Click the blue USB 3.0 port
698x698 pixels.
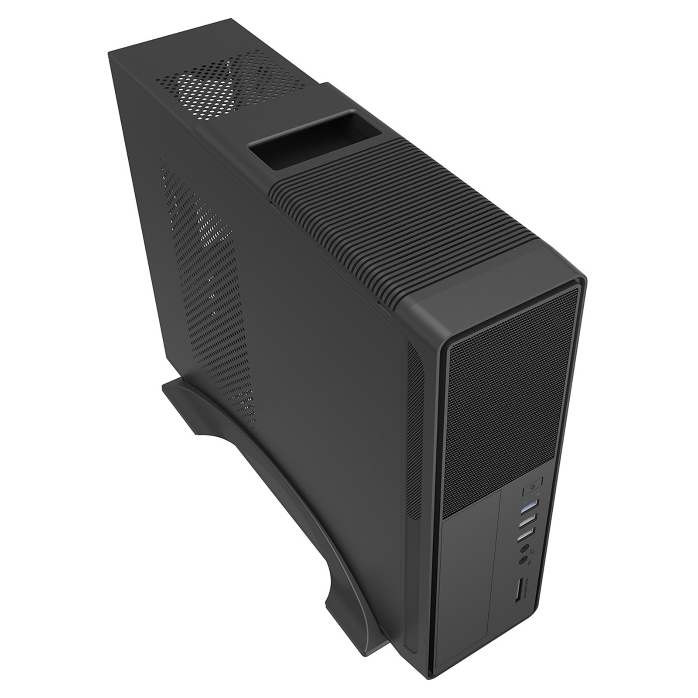pos(530,505)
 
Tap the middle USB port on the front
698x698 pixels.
pos(527,520)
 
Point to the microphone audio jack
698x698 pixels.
pos(523,561)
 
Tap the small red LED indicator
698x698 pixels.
pos(539,494)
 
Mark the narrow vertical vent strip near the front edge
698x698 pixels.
pos(417,428)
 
